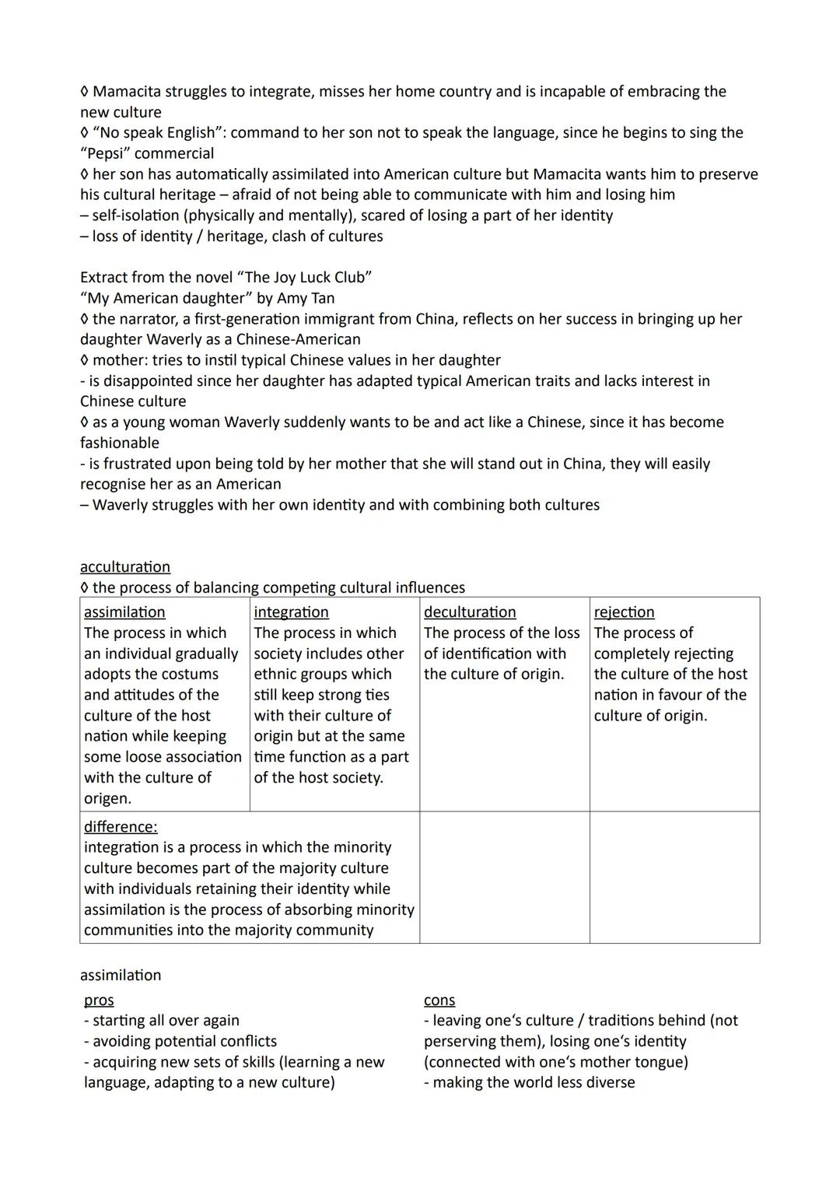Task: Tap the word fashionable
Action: (x=120, y=443)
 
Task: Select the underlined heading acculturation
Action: (x=125, y=567)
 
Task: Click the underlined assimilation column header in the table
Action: (x=124, y=612)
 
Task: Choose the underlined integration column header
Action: (x=291, y=612)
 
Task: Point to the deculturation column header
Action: (x=470, y=612)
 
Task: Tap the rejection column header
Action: (x=624, y=612)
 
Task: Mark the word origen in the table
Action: (x=107, y=798)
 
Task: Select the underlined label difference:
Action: (x=121, y=827)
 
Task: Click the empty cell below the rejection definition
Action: (x=674, y=878)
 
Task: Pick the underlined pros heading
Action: (x=99, y=1001)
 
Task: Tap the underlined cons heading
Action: (x=439, y=1001)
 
